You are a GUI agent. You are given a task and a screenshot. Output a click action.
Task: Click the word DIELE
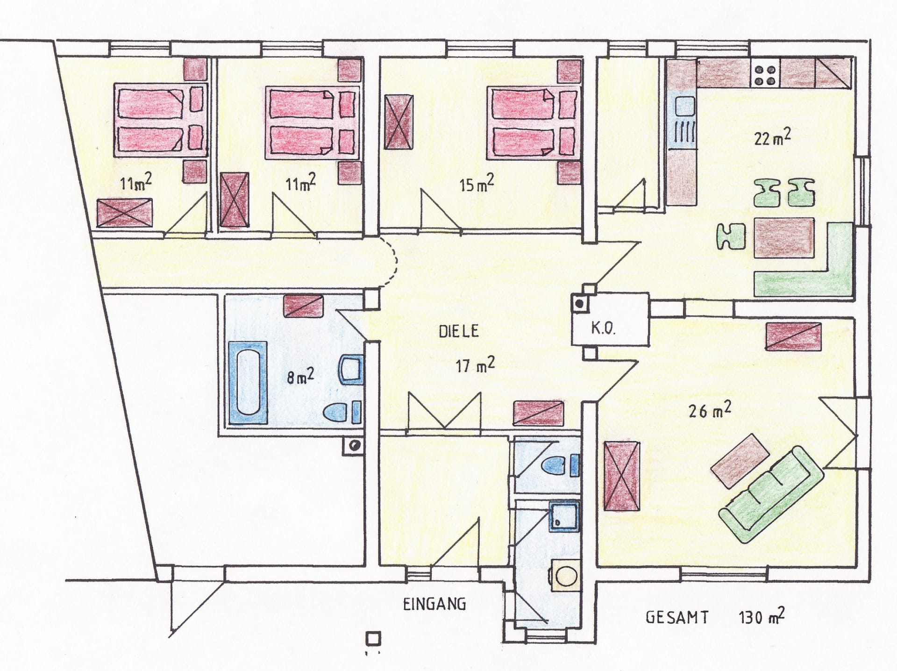tap(459, 331)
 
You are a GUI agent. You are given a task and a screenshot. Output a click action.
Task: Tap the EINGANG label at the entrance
tap(434, 604)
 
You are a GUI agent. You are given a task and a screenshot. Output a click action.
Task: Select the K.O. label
tap(603, 328)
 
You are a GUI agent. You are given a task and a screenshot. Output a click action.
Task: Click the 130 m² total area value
tap(761, 616)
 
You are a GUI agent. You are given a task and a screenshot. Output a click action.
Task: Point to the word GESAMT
tap(677, 617)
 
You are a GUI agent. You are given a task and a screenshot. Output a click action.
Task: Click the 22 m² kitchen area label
tap(772, 137)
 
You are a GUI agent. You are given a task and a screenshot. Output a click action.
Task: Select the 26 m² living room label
tap(710, 410)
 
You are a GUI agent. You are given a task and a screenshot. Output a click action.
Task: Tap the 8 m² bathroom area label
tap(300, 376)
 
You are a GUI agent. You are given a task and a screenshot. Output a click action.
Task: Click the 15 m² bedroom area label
tap(477, 183)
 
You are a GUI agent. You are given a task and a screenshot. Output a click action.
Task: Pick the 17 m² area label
tap(475, 365)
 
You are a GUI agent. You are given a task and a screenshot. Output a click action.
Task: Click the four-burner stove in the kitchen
tap(765, 74)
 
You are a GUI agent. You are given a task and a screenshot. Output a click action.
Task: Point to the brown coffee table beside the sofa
tap(740, 458)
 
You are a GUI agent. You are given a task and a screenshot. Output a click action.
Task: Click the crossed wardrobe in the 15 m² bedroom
tap(398, 122)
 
